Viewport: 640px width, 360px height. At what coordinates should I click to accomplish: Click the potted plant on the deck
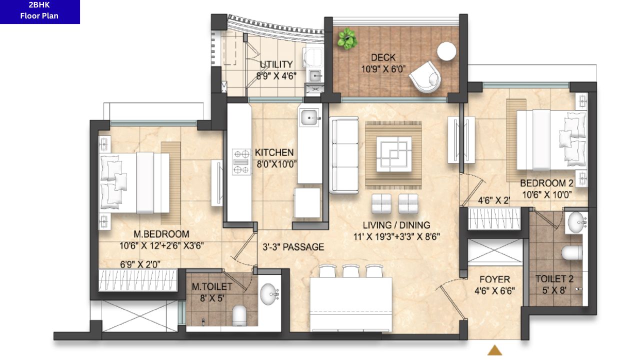coord(347,39)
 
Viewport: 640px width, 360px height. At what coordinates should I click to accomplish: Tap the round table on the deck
coord(446,51)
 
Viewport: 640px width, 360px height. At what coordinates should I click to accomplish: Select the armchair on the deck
coord(425,76)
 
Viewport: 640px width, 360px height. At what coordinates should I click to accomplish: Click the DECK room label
coord(383,57)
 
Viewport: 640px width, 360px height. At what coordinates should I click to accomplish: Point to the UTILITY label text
coord(276,64)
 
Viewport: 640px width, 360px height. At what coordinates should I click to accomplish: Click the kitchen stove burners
coord(241,162)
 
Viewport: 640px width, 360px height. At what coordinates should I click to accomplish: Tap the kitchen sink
coord(310,117)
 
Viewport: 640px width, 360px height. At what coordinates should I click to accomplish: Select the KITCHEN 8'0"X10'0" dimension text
coord(276,164)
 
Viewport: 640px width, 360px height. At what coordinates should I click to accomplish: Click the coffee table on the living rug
coord(394,154)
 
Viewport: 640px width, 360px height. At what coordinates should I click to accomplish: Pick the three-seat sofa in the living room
coord(344,155)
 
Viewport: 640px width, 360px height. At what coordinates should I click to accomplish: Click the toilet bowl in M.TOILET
coord(239,315)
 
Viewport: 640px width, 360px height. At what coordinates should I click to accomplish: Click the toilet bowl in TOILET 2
coord(571,253)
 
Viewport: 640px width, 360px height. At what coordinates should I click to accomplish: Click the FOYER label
coord(494,279)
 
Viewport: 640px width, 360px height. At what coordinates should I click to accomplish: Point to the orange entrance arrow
coord(494,350)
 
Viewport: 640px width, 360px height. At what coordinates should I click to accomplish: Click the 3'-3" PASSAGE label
coord(293,247)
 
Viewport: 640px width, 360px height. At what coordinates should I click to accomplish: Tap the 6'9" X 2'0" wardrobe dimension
coord(140,264)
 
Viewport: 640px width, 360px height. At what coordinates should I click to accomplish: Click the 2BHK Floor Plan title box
coord(39,11)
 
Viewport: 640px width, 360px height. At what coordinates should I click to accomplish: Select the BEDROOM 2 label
coord(547,183)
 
